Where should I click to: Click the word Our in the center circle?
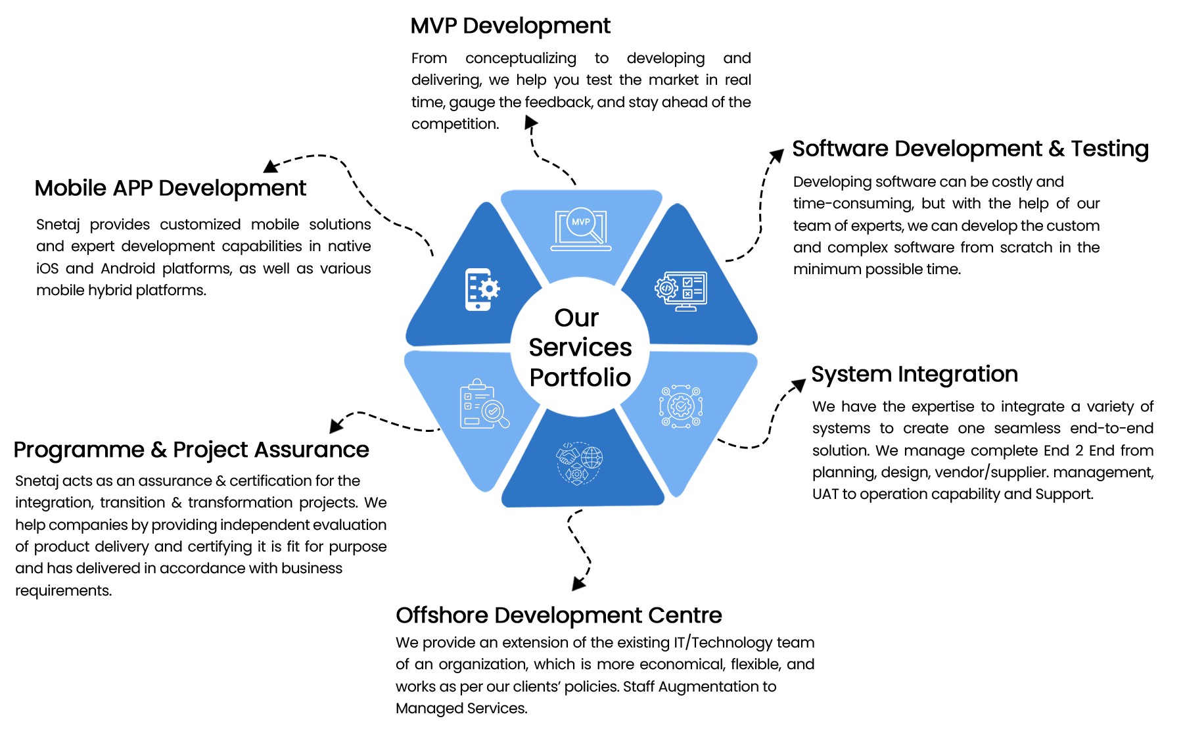[576, 318]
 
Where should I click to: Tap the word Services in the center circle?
[580, 348]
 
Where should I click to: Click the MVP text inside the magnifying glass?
[580, 222]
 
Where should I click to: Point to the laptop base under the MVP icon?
[581, 248]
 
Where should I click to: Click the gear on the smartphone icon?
[489, 289]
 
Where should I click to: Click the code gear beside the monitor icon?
[665, 288]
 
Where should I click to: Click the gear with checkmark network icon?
[681, 406]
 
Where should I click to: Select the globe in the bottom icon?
[591, 457]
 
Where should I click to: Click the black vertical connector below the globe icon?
[579, 546]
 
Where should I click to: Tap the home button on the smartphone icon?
[478, 306]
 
